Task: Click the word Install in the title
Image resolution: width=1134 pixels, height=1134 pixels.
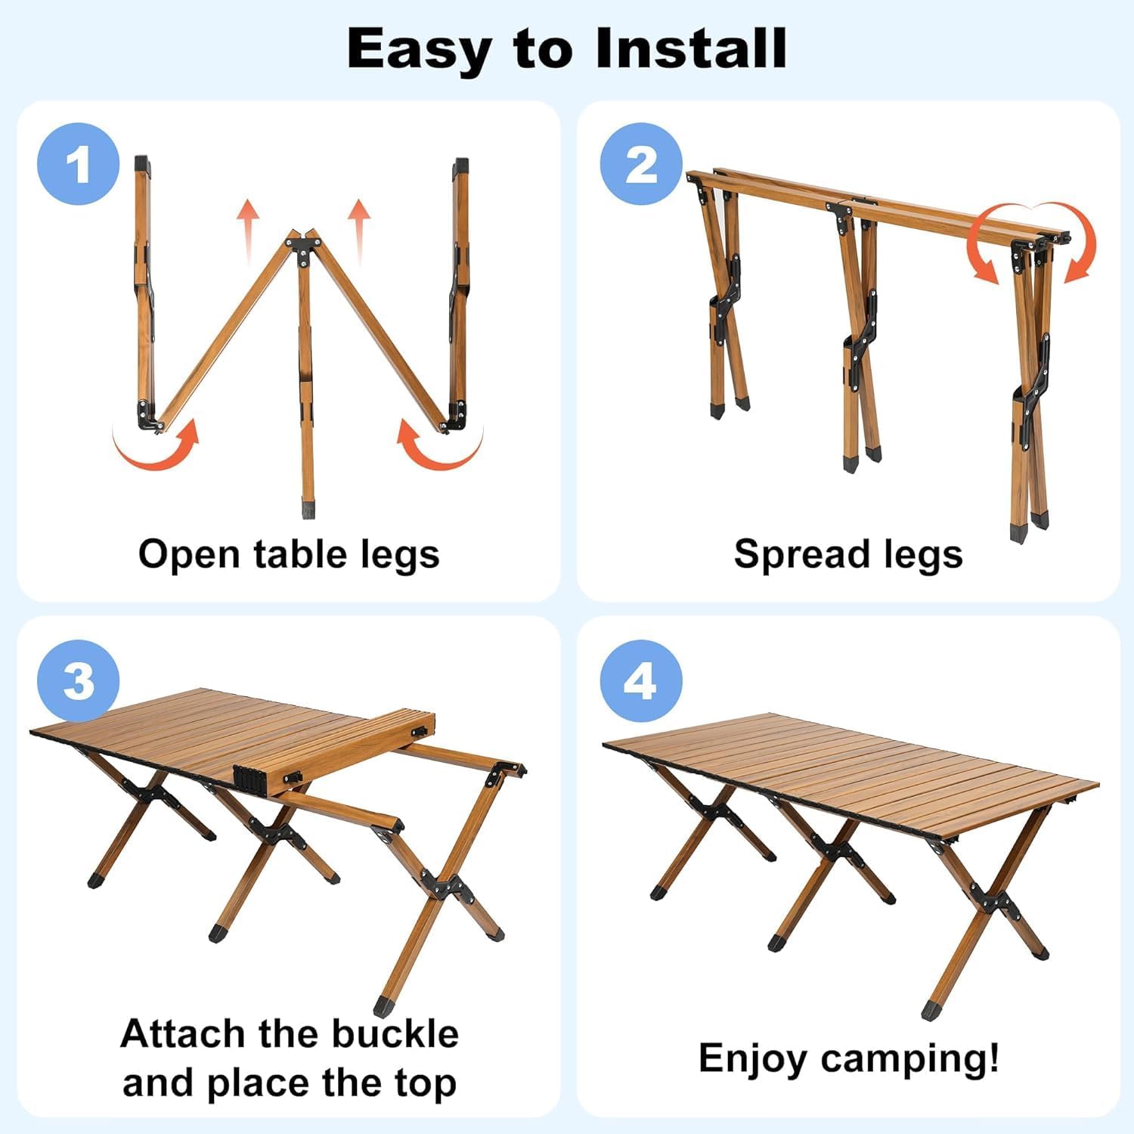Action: coord(690,48)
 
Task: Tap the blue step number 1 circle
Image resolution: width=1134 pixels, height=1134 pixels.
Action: coord(79,164)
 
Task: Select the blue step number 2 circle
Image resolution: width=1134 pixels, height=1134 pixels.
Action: coord(642,164)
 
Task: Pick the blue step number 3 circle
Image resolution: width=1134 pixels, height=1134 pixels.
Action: coord(79,681)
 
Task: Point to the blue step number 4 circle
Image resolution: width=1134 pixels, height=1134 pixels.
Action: coord(641,681)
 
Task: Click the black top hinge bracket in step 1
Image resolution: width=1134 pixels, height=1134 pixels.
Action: coord(304,248)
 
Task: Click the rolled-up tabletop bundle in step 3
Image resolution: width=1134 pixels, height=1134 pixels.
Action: coord(333,752)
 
